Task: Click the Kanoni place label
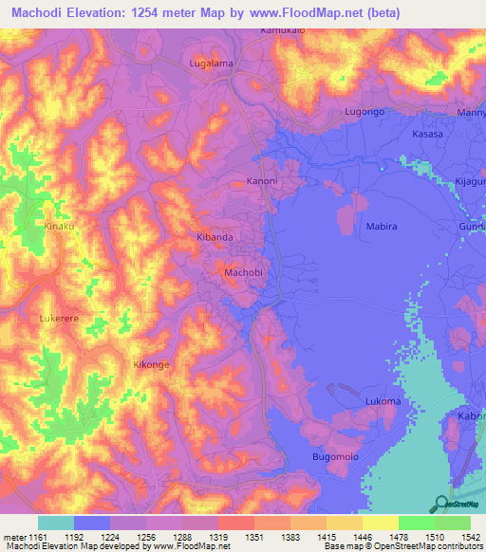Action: tap(262, 180)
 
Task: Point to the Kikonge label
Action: tap(151, 364)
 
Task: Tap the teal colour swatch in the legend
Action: tap(56, 523)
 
